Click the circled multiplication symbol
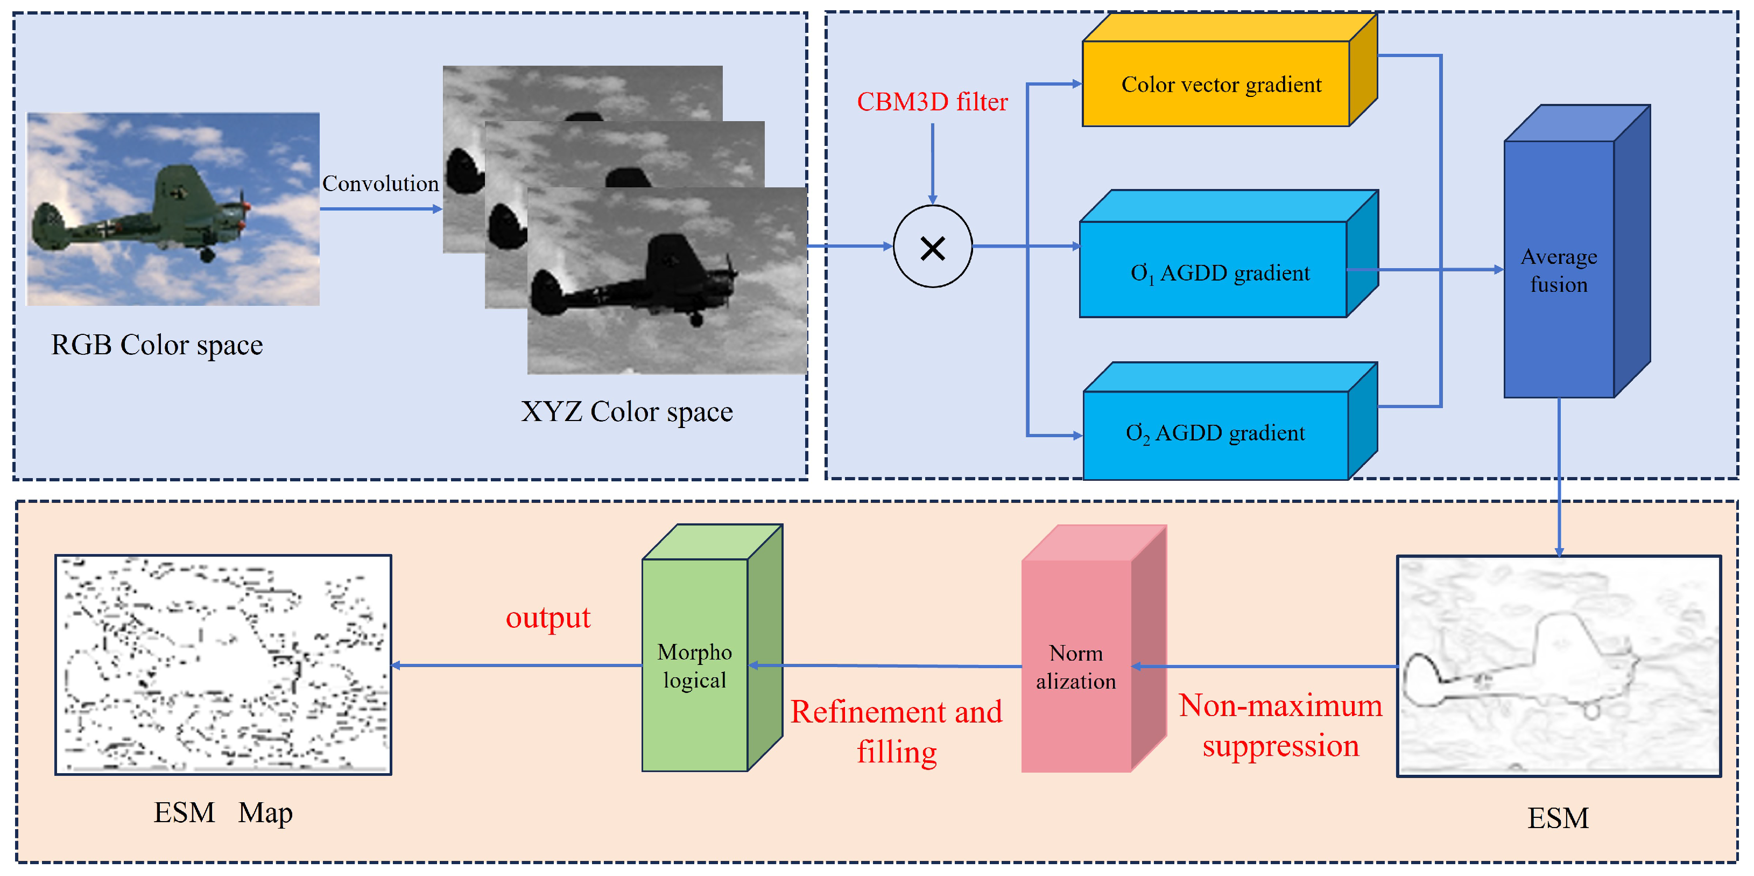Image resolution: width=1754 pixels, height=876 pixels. click(932, 247)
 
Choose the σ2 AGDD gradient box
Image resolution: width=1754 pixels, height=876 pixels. click(1215, 434)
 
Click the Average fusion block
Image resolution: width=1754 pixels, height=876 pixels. click(1559, 270)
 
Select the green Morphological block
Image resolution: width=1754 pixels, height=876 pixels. click(694, 665)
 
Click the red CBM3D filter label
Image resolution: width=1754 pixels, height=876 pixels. click(932, 102)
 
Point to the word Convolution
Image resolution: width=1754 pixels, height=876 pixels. click(380, 183)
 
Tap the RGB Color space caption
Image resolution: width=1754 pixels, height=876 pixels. click(157, 345)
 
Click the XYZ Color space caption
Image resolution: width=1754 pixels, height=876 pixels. click(626, 412)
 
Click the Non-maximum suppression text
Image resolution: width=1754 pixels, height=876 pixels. click(1280, 725)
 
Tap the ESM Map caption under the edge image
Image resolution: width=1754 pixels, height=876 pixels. click(223, 812)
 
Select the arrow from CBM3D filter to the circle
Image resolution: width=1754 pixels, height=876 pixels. click(932, 164)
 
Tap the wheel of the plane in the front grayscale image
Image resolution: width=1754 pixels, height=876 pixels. click(696, 319)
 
